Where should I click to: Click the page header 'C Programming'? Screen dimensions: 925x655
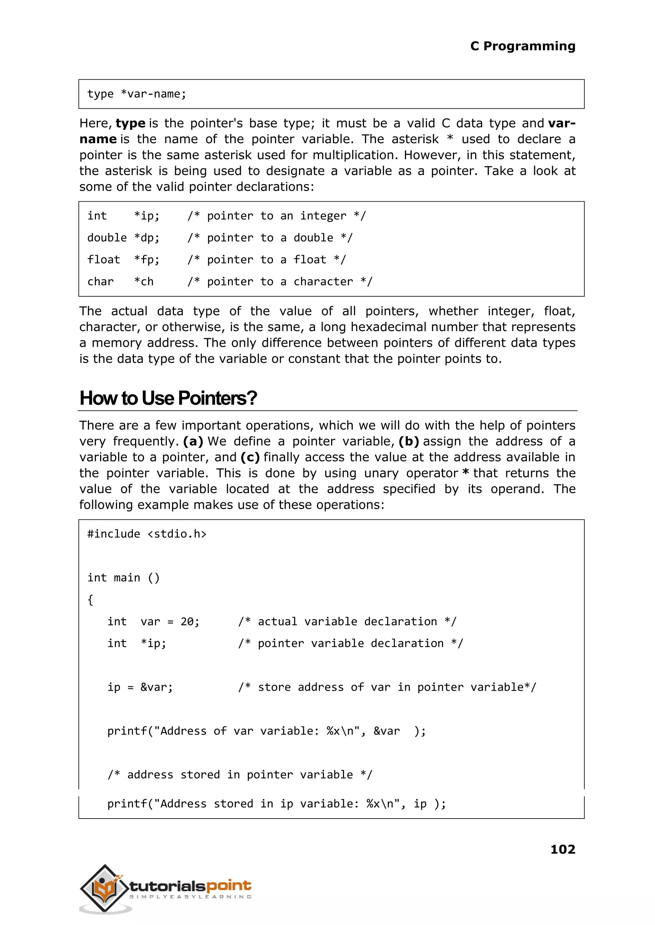pyautogui.click(x=522, y=46)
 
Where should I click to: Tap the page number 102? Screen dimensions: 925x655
pyautogui.click(x=563, y=849)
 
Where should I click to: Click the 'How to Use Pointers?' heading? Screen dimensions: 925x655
pyautogui.click(x=168, y=398)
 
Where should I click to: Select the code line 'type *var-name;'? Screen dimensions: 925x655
pyautogui.click(x=137, y=94)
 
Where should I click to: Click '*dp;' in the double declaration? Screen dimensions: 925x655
pyautogui.click(x=147, y=238)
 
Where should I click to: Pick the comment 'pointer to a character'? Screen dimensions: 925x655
pyautogui.click(x=280, y=281)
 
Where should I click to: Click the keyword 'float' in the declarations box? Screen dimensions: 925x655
pyautogui.click(x=104, y=260)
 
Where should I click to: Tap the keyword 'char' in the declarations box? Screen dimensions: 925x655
pyautogui.click(x=100, y=281)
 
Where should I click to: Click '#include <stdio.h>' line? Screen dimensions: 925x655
pyautogui.click(x=147, y=534)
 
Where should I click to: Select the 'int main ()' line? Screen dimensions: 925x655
pyautogui.click(x=123, y=578)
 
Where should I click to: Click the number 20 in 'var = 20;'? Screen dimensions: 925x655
pyautogui.click(x=187, y=621)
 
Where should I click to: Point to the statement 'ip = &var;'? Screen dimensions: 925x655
pyautogui.click(x=140, y=687)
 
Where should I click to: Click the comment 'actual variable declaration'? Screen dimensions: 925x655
pyautogui.click(x=347, y=621)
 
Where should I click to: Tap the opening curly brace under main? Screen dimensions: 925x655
pyautogui.click(x=90, y=600)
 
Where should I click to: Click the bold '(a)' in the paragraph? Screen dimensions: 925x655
pyautogui.click(x=193, y=441)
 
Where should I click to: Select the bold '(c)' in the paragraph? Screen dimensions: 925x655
pyautogui.click(x=250, y=457)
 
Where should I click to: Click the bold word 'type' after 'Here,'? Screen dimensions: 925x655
pyautogui.click(x=130, y=123)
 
